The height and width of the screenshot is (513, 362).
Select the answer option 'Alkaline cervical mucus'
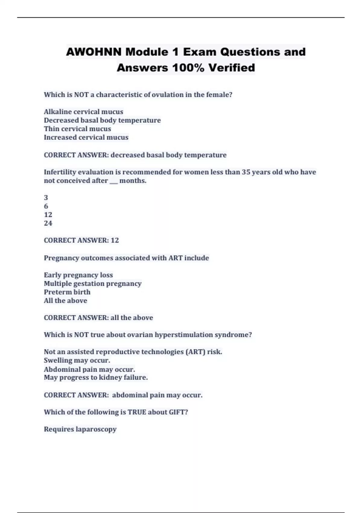[x=84, y=112]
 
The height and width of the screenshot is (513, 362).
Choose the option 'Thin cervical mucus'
[x=77, y=129]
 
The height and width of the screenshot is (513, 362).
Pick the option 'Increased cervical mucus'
[x=86, y=137]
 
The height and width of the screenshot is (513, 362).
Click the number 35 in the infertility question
[x=246, y=172]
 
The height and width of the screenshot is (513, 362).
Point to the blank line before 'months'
[x=114, y=181]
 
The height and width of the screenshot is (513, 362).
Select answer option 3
[x=46, y=198]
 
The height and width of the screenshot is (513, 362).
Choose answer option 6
[x=46, y=206]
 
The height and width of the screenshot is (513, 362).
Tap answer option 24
[x=48, y=223]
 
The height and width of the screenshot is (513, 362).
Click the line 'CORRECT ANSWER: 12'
[x=81, y=240]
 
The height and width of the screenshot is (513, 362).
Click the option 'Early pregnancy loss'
[x=78, y=275]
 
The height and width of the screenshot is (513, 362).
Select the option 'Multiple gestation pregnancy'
[x=93, y=283]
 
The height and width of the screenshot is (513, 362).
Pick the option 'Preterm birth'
[x=67, y=292]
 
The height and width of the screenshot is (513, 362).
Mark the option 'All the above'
[x=65, y=301]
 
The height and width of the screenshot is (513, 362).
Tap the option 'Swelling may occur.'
[x=77, y=360]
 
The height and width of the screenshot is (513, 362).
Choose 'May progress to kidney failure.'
[x=96, y=378]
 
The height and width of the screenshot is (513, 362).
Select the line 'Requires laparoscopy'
[x=80, y=429]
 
